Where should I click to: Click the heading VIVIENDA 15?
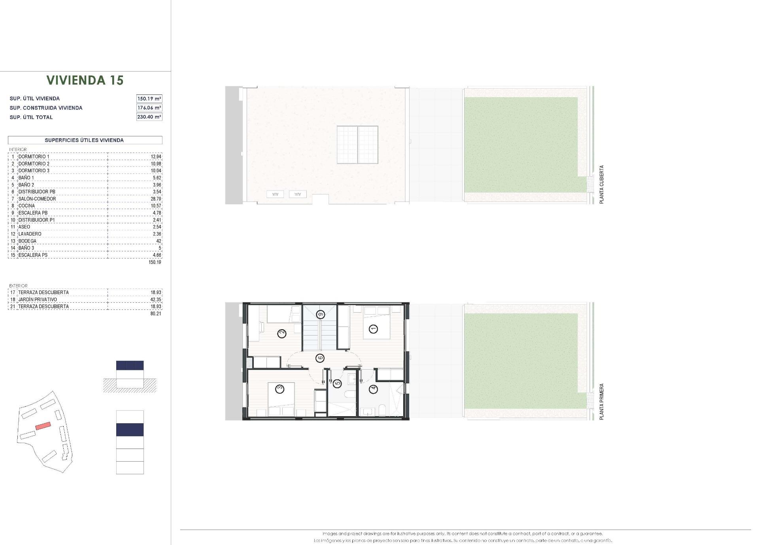[85, 80]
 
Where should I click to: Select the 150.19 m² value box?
[149, 98]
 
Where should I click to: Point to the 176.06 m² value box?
[149, 107]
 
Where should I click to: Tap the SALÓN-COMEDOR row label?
[37, 199]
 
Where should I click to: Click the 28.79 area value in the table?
[156, 199]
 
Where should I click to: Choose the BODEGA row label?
[27, 241]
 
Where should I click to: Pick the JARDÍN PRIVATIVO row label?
[38, 300]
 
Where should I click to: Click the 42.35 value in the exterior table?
[156, 300]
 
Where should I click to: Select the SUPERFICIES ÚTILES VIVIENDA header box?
[85, 140]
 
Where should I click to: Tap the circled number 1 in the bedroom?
[373, 328]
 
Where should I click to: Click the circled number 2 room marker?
[282, 334]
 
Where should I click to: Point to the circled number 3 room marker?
[280, 389]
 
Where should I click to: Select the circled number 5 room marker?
[337, 383]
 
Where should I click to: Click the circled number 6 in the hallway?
[320, 358]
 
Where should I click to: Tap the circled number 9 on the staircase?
[320, 315]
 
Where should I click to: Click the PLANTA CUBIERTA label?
[602, 185]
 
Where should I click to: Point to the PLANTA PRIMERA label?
[602, 401]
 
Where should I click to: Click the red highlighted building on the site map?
[43, 426]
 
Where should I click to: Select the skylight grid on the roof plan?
[357, 145]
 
